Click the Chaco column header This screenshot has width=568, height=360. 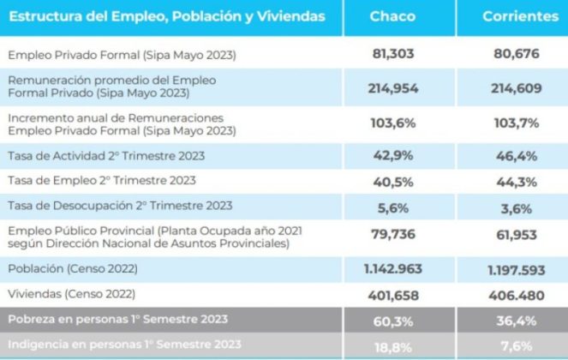tap(393, 16)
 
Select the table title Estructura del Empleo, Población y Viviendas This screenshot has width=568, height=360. tap(167, 16)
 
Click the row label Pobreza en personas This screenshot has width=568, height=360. tap(117, 320)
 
